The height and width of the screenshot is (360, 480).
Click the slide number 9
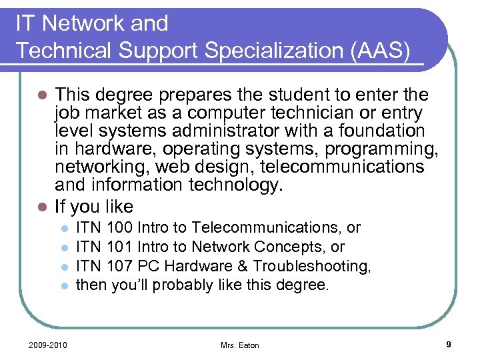pyautogui.click(x=449, y=344)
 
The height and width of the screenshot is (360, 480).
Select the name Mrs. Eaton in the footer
pyautogui.click(x=240, y=345)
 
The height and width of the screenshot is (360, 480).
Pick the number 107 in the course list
pyautogui.click(x=119, y=267)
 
